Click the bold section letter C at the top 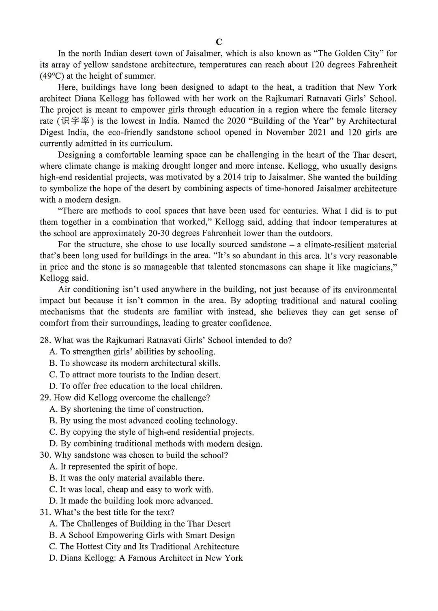[x=219, y=42]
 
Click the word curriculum [x=149, y=143]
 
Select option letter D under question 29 [x=53, y=444]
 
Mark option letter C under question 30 [x=53, y=489]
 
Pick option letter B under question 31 [x=53, y=535]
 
